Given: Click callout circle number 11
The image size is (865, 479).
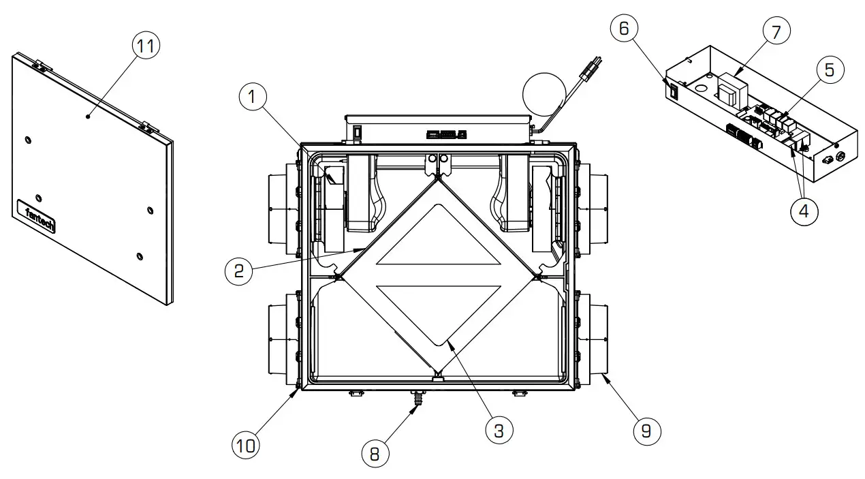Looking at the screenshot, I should coord(144,48).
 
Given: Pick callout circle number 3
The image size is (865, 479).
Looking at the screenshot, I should coord(499,431).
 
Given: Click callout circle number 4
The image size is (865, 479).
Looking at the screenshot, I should coord(804,211).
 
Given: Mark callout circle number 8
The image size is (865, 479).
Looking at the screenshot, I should coord(375,453).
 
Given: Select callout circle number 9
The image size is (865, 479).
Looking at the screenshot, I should coord(646,431).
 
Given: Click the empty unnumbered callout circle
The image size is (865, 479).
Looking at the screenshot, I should coord(545,94).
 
